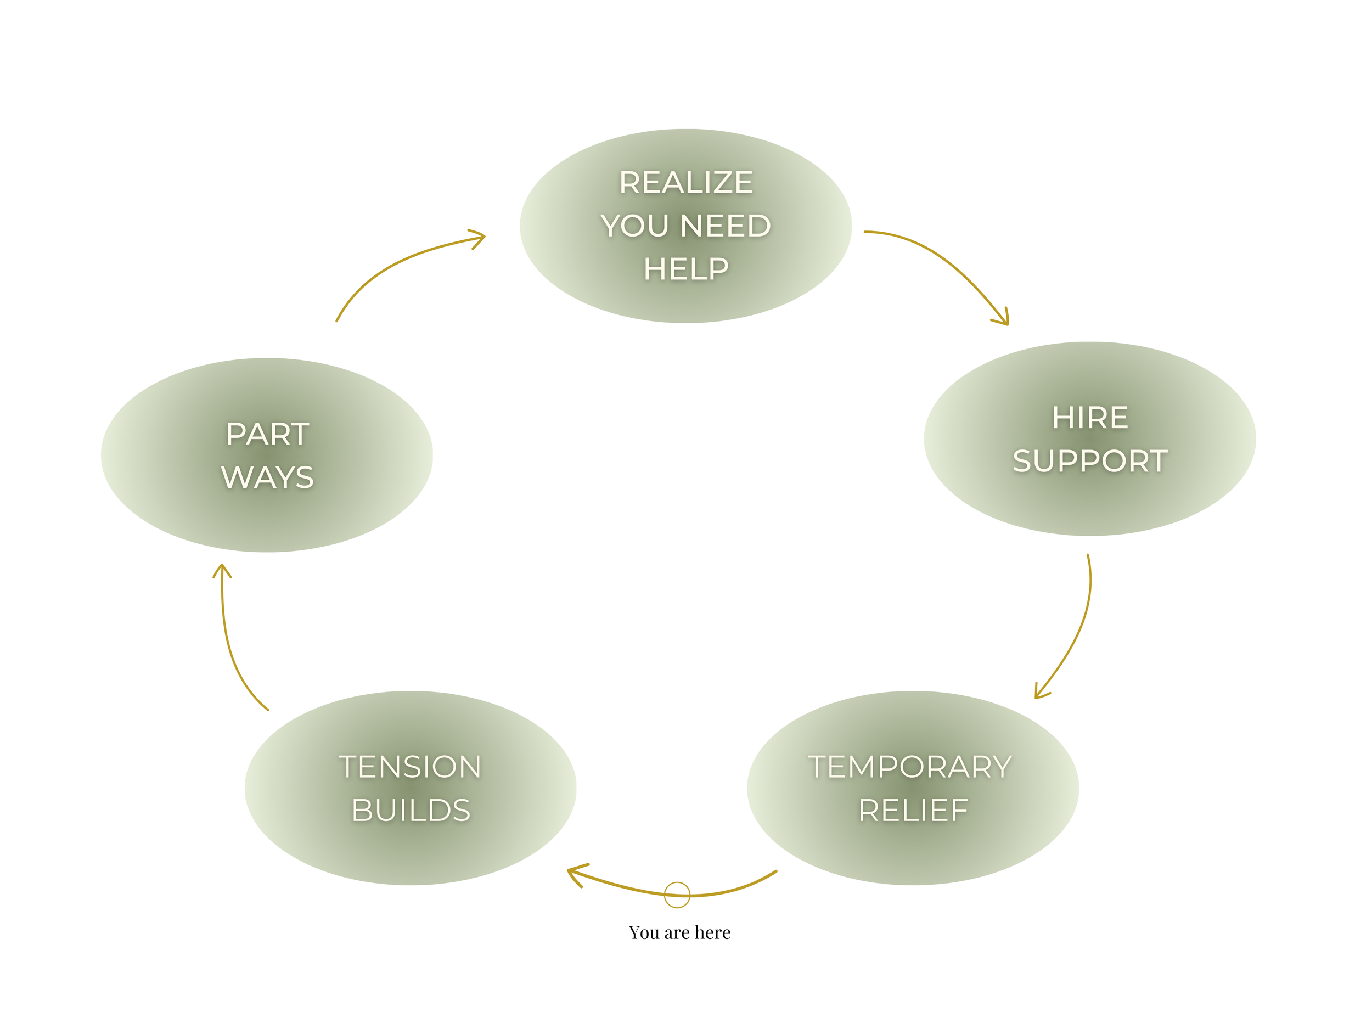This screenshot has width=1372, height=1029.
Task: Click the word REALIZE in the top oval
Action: [x=685, y=182]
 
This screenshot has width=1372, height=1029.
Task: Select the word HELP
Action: [x=685, y=269]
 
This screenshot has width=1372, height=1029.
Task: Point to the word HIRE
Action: [x=1090, y=418]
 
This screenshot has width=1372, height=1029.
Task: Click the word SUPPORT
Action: [x=1090, y=461]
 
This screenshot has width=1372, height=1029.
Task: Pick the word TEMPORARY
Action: [x=909, y=767]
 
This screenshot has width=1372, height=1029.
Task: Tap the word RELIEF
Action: [x=913, y=810]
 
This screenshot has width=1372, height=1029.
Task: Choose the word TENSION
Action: [x=409, y=767]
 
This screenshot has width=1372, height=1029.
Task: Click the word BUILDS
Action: [x=411, y=810]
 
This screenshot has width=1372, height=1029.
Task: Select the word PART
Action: [x=267, y=434]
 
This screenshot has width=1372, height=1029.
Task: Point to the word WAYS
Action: [x=267, y=477]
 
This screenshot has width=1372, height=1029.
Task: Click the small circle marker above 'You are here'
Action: [x=677, y=895]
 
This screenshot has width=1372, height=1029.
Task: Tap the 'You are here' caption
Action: [x=679, y=932]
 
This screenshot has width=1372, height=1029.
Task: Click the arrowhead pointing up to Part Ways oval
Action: [x=222, y=570]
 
